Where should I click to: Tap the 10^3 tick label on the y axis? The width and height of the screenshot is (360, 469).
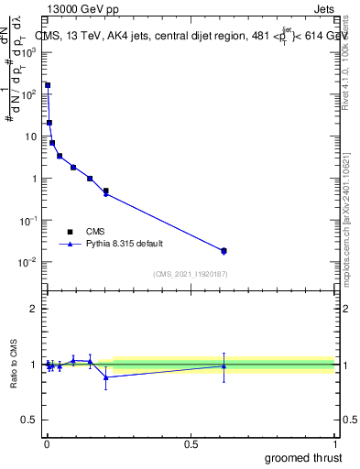coord(29,52)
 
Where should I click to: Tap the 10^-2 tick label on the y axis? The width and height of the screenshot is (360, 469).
coord(29,263)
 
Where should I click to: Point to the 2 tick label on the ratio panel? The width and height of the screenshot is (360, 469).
coord(34,309)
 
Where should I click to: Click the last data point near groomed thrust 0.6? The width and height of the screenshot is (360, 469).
coord(224,250)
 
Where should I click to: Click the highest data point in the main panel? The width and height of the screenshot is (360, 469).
coord(48,85)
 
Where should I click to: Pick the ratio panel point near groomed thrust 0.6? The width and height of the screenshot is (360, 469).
coord(224,365)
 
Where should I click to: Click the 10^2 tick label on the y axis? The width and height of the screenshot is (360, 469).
coord(29,94)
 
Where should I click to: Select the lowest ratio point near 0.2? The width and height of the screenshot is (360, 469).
coord(106,376)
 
